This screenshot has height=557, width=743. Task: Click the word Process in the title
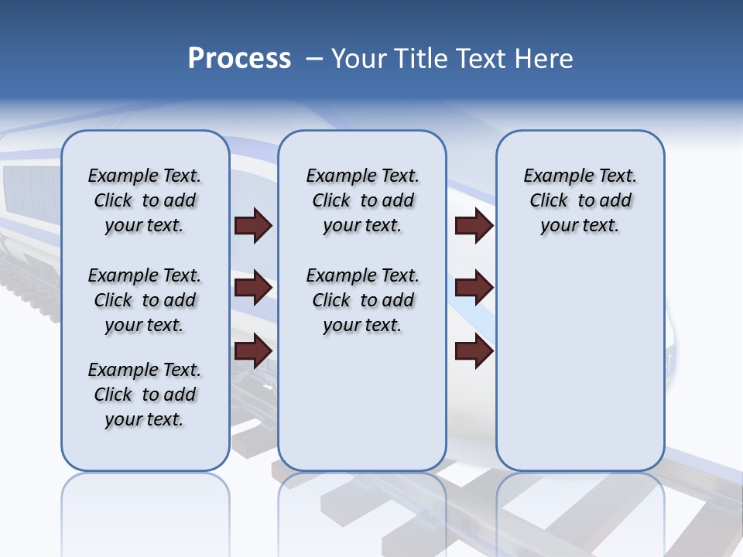239,59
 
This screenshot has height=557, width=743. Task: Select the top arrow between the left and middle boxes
253,226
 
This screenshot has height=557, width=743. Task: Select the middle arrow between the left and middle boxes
253,288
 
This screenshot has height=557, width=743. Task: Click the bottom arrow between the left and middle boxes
253,350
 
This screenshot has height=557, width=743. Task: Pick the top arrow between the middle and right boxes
474,226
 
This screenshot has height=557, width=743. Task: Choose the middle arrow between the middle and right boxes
474,288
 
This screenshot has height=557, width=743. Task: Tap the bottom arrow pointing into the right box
474,350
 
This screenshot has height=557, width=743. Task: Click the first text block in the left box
145,200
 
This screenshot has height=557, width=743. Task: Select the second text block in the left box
145,300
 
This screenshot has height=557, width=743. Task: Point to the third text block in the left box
145,395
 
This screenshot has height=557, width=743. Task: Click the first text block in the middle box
363,200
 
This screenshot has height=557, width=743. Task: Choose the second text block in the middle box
363,300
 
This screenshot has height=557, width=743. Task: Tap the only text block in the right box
580,200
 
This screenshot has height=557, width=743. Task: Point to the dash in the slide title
314,59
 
